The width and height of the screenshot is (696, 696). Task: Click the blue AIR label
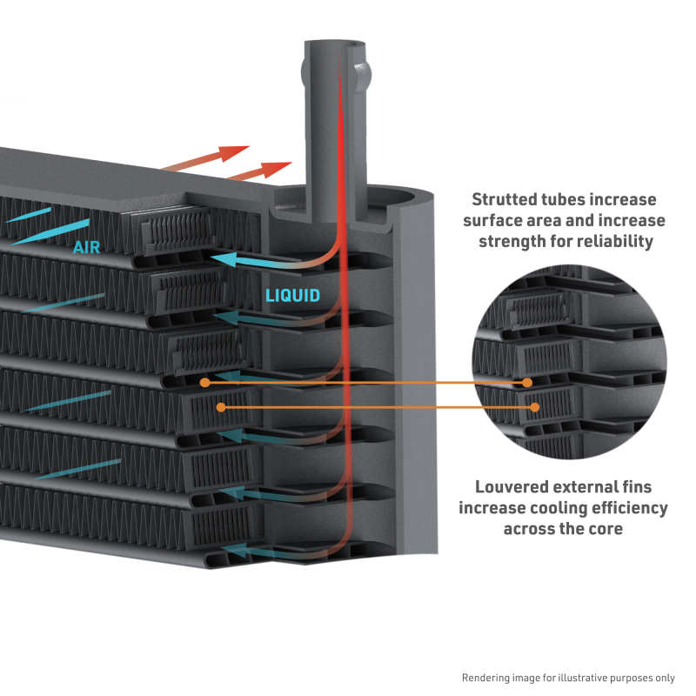point(86,248)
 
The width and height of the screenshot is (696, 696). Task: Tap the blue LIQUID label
point(292,295)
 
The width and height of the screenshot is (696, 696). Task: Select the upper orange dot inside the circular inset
point(527,383)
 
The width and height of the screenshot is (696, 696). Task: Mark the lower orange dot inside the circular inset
point(534,406)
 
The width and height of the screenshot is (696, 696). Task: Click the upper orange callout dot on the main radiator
point(204,382)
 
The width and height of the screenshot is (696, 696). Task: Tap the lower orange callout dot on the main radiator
point(221,406)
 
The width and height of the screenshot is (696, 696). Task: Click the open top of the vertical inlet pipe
point(338,44)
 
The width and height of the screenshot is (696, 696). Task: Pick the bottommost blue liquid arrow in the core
point(252,549)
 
